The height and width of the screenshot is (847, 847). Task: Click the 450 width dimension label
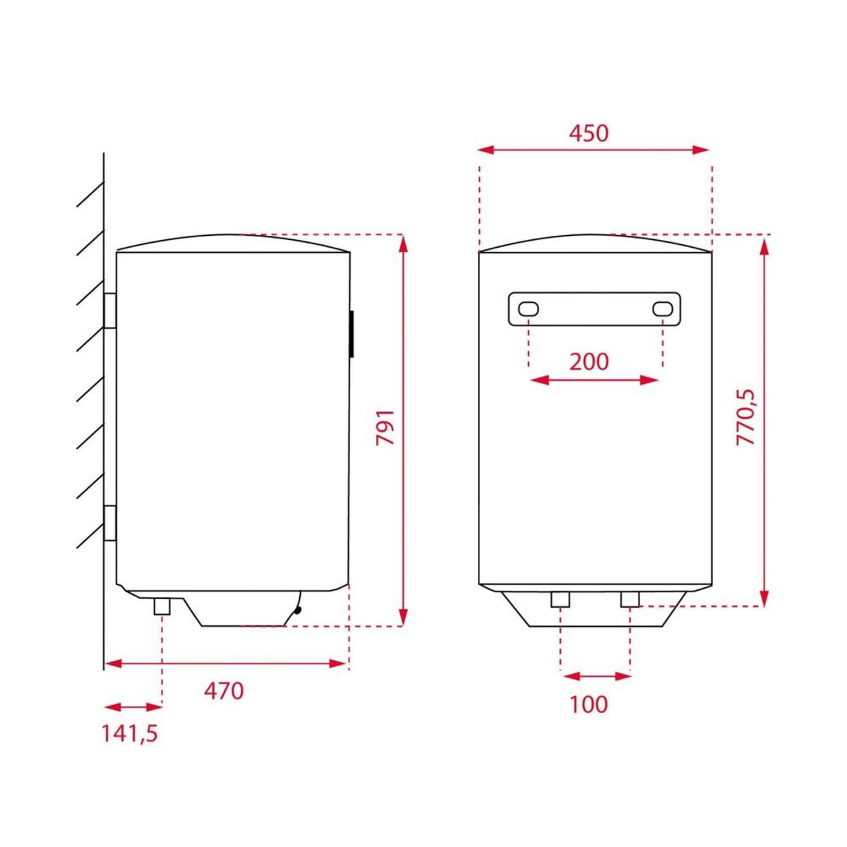pyautogui.click(x=588, y=133)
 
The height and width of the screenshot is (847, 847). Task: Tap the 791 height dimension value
pyautogui.click(x=385, y=428)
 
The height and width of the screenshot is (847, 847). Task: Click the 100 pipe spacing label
pyautogui.click(x=589, y=704)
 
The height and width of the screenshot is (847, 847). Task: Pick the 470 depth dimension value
pyautogui.click(x=223, y=691)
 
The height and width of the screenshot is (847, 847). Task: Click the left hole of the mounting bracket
pyautogui.click(x=528, y=309)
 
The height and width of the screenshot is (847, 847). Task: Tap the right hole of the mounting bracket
pyautogui.click(x=662, y=309)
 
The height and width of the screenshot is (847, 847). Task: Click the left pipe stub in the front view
pyautogui.click(x=560, y=599)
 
